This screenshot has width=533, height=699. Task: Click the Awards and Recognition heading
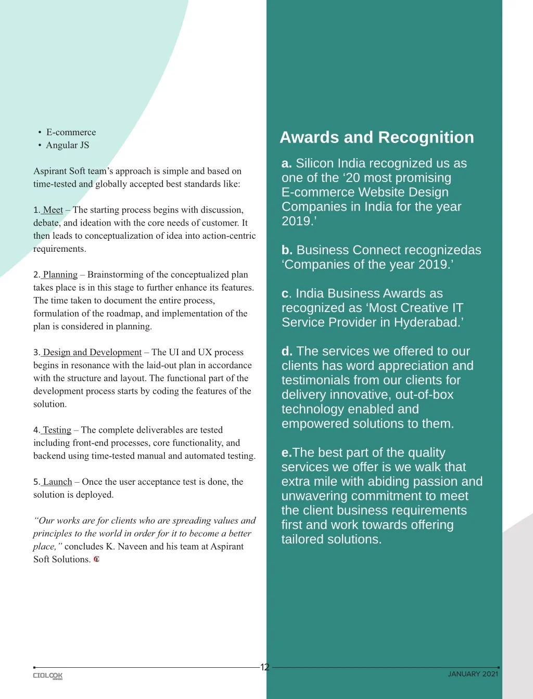pyautogui.click(x=377, y=137)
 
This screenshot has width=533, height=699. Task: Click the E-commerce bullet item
pyautogui.click(x=71, y=132)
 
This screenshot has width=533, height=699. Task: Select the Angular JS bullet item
pyautogui.click(x=67, y=145)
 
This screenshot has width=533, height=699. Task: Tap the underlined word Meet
pyautogui.click(x=53, y=210)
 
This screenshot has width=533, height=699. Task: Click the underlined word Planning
pyautogui.click(x=60, y=275)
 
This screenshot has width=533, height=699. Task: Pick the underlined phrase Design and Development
pyautogui.click(x=92, y=353)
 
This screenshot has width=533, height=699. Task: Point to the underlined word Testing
pyautogui.click(x=57, y=430)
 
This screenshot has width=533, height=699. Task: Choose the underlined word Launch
pyautogui.click(x=57, y=482)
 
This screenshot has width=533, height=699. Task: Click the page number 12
pyautogui.click(x=265, y=667)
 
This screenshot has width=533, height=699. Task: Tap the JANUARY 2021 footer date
pyautogui.click(x=473, y=674)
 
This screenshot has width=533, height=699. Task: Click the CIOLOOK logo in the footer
pyautogui.click(x=48, y=676)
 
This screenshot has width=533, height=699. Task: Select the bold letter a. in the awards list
pyautogui.click(x=286, y=163)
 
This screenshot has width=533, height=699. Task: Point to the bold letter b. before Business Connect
pyautogui.click(x=287, y=250)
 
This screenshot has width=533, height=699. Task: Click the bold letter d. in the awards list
pyautogui.click(x=287, y=352)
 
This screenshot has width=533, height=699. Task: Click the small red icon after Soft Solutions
pyautogui.click(x=96, y=560)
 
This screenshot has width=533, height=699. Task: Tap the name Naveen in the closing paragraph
pyautogui.click(x=132, y=547)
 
